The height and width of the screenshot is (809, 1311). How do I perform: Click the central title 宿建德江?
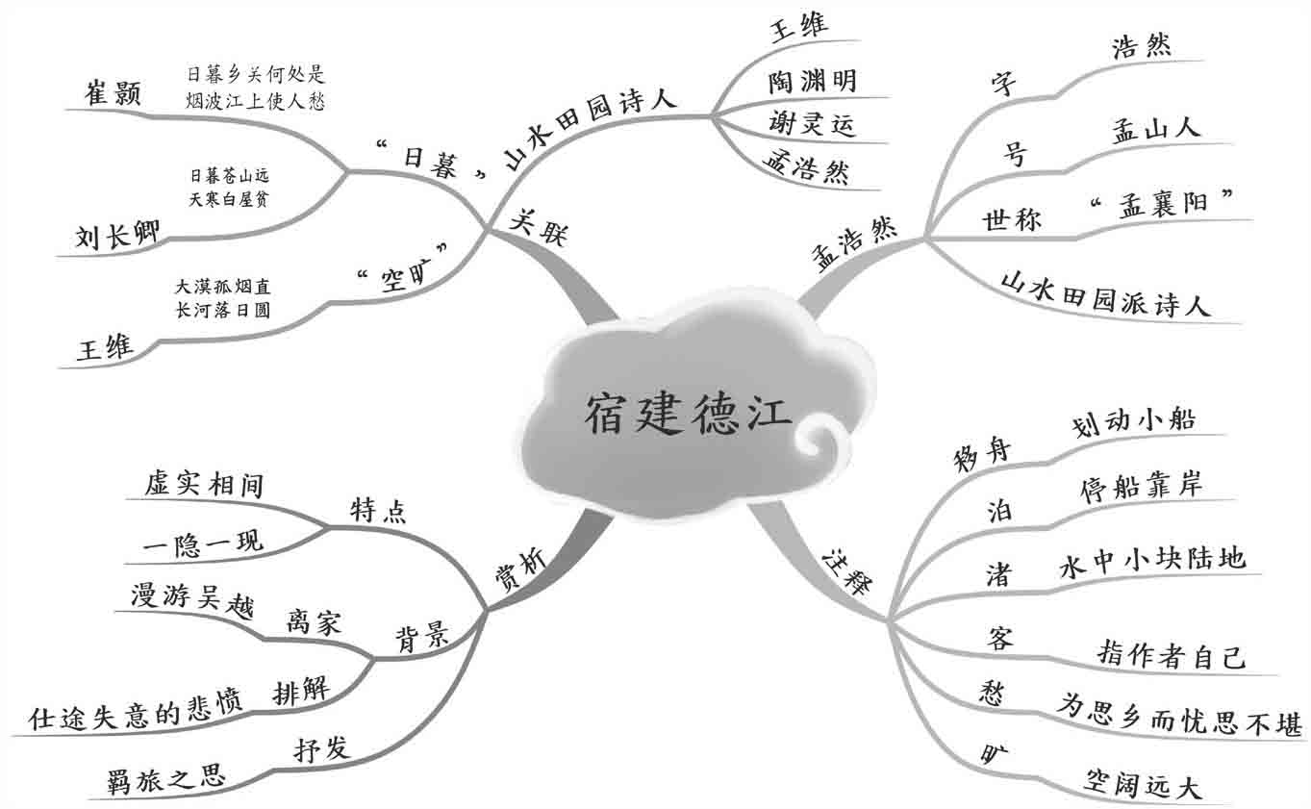tap(689, 416)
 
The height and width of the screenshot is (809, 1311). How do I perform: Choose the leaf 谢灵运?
tap(812, 124)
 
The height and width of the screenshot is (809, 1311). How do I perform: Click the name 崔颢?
tap(113, 93)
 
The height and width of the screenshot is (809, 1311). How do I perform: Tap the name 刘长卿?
tap(118, 236)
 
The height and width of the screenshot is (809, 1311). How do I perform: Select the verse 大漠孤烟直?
tap(222, 287)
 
